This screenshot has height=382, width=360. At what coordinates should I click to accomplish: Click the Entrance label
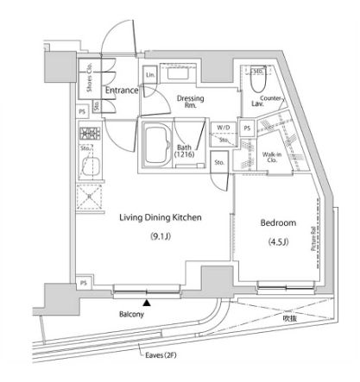tap(123, 90)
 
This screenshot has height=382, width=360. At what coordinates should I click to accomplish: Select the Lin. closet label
tap(151, 76)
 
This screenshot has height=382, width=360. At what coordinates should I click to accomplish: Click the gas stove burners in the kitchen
tap(88, 134)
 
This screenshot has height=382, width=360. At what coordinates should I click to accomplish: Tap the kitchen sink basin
tap(89, 166)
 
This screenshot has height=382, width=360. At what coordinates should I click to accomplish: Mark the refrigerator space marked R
tap(88, 196)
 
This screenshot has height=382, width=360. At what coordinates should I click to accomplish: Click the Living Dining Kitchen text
tap(160, 218)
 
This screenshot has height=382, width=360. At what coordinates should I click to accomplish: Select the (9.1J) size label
tap(160, 236)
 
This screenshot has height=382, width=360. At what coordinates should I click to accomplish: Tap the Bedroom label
tap(278, 222)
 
